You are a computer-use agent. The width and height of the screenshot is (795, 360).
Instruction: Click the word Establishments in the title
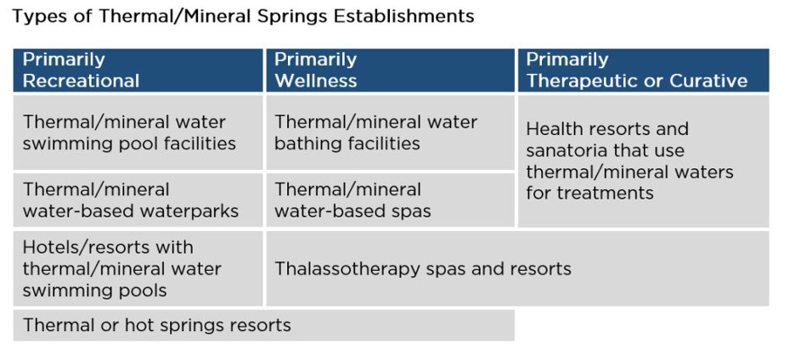[x=403, y=16]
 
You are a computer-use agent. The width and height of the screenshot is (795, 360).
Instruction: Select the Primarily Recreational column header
[x=138, y=70]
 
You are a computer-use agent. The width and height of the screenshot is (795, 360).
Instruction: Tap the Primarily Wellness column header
[x=390, y=70]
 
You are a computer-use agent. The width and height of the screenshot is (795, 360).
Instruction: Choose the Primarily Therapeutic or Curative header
[x=644, y=70]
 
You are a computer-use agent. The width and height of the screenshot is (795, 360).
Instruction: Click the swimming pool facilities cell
[x=138, y=132]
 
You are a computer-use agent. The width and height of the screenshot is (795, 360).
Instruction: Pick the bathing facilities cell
[x=390, y=132]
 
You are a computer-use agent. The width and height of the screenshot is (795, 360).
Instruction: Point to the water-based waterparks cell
[x=138, y=200]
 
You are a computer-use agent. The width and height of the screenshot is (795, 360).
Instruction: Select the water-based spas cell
[x=390, y=200]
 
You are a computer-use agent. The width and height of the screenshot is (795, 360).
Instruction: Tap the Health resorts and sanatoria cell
[x=644, y=161]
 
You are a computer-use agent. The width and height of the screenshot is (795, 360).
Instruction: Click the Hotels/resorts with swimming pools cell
[x=138, y=269]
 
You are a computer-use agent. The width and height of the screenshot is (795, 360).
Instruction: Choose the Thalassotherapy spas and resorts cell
[x=517, y=269]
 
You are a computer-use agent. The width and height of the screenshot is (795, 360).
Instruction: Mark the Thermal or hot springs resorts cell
[x=263, y=325]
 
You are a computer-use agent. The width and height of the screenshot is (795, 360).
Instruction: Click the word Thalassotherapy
[x=347, y=270]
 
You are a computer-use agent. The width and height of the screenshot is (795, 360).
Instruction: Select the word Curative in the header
[x=708, y=82]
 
